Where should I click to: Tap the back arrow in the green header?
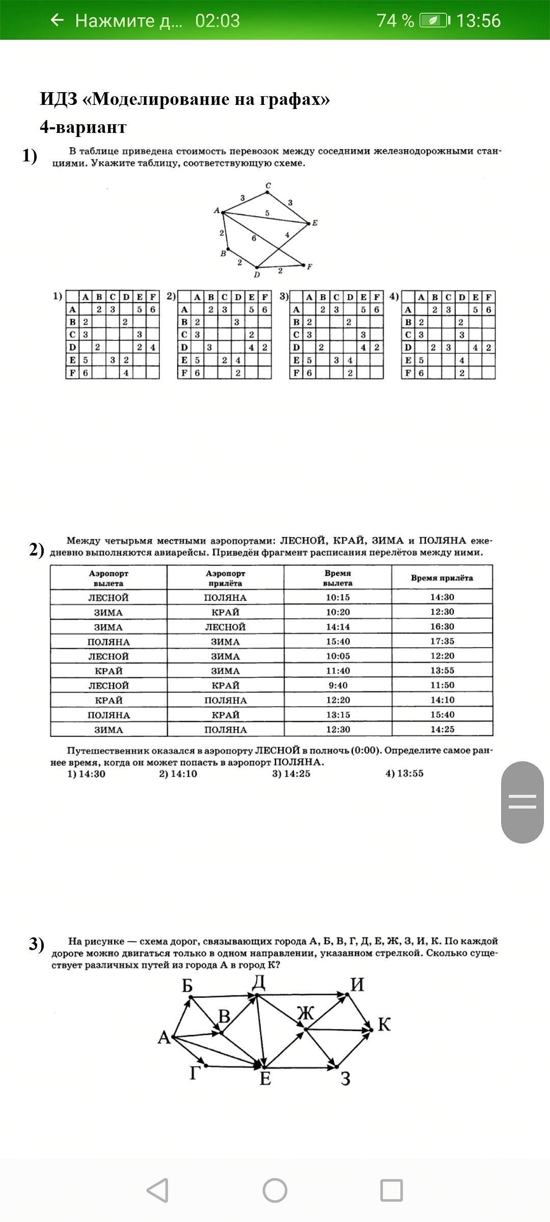(x=58, y=20)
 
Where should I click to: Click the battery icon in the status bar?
(x=434, y=20)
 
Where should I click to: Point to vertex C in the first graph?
(x=268, y=191)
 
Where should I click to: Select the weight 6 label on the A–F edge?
(x=254, y=238)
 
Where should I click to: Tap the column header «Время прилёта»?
(x=442, y=578)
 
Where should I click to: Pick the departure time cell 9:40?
(x=338, y=685)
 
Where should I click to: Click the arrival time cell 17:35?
(x=442, y=641)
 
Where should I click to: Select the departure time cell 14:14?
(x=338, y=627)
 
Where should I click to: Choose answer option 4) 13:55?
(x=404, y=774)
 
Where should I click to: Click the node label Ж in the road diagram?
(x=306, y=1013)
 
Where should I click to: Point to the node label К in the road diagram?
(x=384, y=1024)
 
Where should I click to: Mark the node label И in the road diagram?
(x=358, y=985)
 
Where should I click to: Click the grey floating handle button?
(x=522, y=802)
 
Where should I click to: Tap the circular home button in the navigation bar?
(x=275, y=1190)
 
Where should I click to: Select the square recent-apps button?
(x=392, y=1190)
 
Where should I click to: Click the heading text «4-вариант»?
(x=83, y=127)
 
